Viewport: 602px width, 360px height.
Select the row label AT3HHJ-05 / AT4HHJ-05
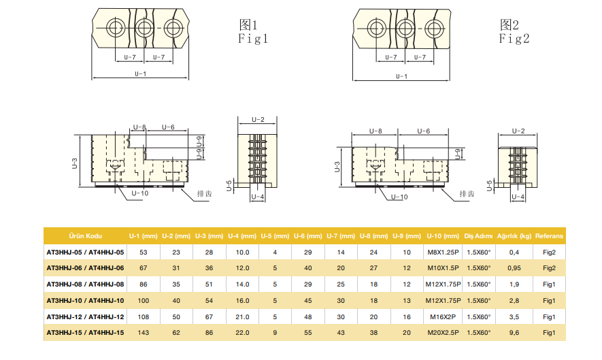point(85,252)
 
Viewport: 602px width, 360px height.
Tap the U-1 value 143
point(143,333)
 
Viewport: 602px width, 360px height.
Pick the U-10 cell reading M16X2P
point(443,317)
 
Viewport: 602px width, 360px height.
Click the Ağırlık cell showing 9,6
point(514,333)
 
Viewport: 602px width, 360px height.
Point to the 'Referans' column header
point(549,236)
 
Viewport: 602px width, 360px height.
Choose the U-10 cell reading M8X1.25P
point(443,252)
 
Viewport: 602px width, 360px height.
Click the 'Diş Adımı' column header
point(478,236)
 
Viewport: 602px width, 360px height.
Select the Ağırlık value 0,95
point(514,268)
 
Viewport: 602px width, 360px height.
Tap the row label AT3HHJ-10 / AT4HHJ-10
point(85,301)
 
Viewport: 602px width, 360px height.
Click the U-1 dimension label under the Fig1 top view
point(140,73)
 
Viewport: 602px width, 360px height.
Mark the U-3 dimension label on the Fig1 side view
point(75,163)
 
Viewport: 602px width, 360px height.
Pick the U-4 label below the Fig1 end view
point(257,197)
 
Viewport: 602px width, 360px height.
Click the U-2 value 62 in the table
point(176,333)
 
